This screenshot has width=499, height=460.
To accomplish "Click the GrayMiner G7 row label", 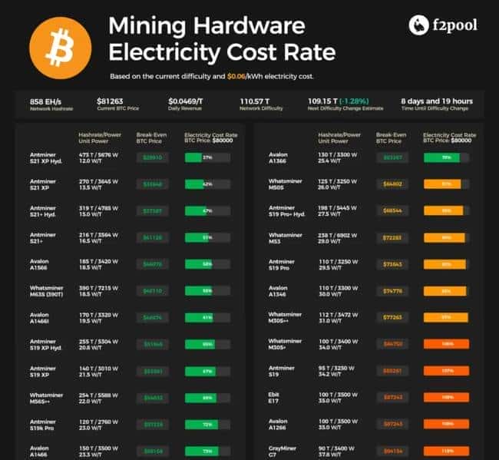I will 282,450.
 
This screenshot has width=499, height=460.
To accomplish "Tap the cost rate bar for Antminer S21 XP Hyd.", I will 207,157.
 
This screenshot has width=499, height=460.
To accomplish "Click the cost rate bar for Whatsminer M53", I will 445,237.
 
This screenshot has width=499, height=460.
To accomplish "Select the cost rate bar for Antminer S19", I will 445,370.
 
